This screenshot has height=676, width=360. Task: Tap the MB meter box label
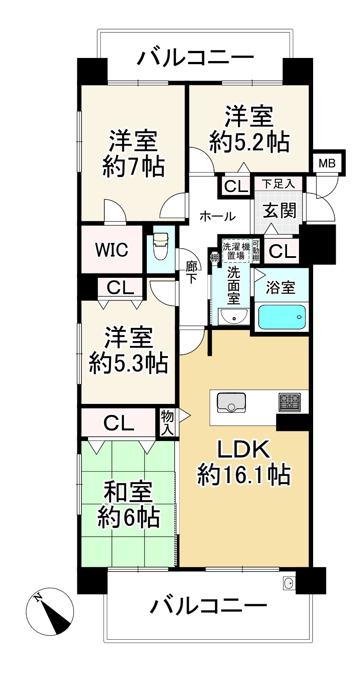[327, 163]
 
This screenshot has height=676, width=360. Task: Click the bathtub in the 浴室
[282, 317]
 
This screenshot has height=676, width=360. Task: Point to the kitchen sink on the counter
[231, 402]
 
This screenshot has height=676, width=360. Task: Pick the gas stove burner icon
[289, 402]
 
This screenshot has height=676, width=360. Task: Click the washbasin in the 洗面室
[234, 316]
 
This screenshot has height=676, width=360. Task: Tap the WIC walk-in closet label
[112, 250]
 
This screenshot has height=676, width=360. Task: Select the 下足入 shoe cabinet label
[278, 184]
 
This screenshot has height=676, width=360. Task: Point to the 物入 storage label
[167, 422]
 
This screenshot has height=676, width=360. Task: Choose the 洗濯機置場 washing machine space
[236, 251]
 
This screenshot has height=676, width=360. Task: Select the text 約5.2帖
[249, 142]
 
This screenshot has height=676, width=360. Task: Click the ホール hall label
[217, 216]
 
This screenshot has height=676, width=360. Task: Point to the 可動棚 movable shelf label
[256, 251]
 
